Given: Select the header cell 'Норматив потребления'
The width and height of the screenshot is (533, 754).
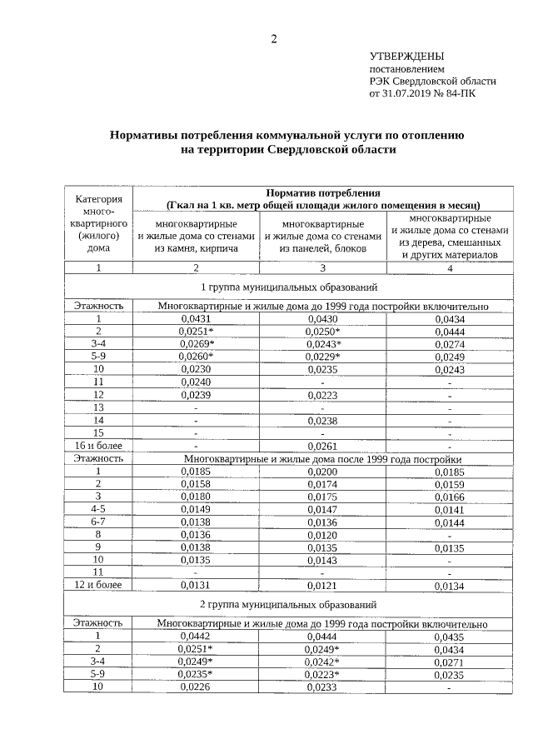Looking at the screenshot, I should click(x=323, y=192).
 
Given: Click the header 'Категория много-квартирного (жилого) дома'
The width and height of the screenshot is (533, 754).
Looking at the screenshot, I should click(x=98, y=222).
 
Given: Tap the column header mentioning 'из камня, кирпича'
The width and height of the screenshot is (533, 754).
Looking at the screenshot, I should click(x=196, y=236).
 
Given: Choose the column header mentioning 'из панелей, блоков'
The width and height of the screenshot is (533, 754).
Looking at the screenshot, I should click(x=322, y=236).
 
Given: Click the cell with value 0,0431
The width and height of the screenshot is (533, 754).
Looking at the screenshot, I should click(x=196, y=318).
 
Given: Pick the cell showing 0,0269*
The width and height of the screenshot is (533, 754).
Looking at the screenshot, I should click(x=197, y=343).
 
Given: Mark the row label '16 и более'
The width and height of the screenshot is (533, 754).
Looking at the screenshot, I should click(x=98, y=446).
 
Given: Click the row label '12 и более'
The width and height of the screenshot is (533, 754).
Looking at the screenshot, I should click(x=98, y=585).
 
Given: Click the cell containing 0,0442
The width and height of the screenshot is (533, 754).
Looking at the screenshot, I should click(x=196, y=636).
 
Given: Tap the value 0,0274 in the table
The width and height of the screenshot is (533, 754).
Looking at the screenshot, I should click(x=449, y=343).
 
